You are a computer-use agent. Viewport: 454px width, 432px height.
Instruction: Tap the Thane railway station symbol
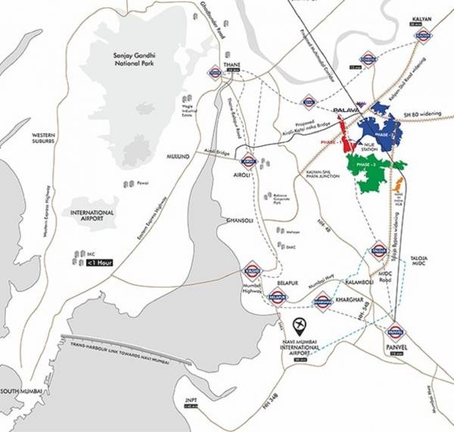click(x=215, y=72)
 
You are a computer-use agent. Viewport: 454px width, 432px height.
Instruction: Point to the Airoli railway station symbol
click(x=248, y=160)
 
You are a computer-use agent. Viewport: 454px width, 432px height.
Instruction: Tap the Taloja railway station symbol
click(x=379, y=250)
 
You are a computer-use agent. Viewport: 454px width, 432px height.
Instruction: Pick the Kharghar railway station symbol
click(x=324, y=299)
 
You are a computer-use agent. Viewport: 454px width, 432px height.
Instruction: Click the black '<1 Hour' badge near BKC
click(x=100, y=263)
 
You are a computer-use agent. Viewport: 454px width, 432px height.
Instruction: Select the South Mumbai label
click(x=20, y=390)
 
